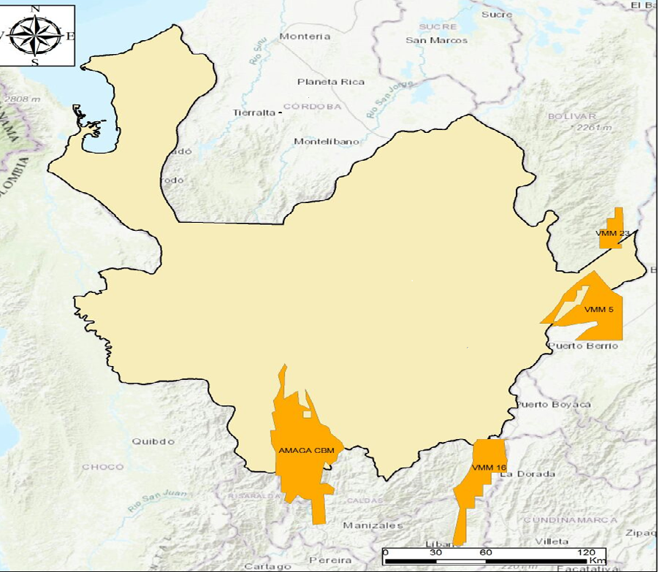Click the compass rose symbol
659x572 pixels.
click(x=34, y=34)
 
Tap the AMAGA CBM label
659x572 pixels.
click(x=306, y=451)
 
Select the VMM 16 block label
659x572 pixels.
click(x=489, y=468)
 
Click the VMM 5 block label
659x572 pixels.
click(x=599, y=310)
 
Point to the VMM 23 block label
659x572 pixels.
click(x=612, y=234)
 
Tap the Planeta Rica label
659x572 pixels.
click(x=330, y=82)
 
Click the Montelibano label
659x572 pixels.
click(x=325, y=142)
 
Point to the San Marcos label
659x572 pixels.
click(x=437, y=40)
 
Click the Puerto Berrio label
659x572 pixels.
click(x=583, y=346)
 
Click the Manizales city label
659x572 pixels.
click(x=373, y=525)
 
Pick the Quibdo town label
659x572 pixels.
click(x=153, y=441)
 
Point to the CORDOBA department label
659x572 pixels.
click(x=313, y=106)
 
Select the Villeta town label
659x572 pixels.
click(x=552, y=541)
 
